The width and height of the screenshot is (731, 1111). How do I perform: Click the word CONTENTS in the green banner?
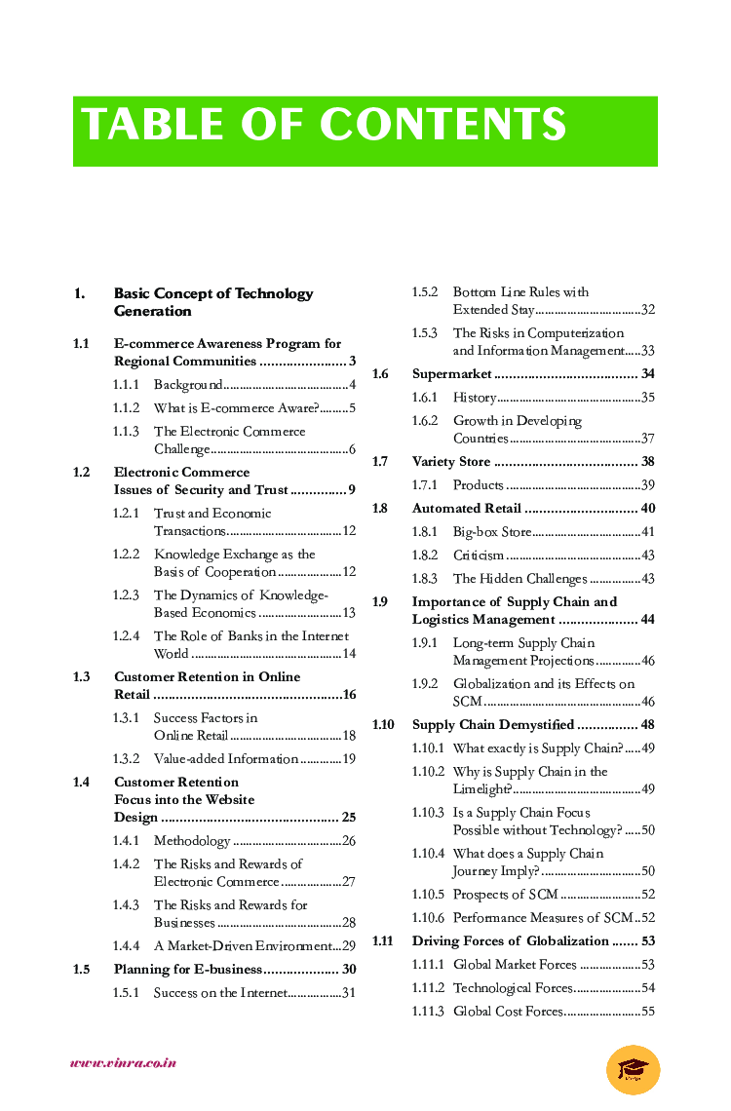(x=443, y=126)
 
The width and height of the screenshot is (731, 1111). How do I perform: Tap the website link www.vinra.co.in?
(x=123, y=1062)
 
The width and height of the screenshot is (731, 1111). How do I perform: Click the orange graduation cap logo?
(x=633, y=1069)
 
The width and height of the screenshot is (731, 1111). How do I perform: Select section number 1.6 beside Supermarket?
(x=380, y=374)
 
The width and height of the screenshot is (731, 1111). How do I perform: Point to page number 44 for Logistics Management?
(x=647, y=620)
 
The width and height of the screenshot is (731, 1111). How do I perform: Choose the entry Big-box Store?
(x=491, y=532)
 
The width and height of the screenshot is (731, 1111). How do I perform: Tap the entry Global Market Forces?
(x=515, y=965)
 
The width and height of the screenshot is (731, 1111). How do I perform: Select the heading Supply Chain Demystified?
(x=492, y=725)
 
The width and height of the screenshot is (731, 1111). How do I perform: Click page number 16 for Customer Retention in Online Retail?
(x=349, y=695)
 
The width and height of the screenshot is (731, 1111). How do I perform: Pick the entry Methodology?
(x=192, y=841)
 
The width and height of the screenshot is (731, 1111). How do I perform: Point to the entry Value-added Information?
(x=225, y=759)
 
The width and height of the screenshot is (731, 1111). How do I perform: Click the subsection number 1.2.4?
(x=126, y=636)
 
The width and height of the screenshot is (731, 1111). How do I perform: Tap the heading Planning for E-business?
(x=187, y=970)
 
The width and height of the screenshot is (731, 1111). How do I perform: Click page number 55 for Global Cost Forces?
(x=647, y=1012)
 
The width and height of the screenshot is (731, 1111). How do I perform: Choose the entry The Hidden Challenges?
(x=519, y=579)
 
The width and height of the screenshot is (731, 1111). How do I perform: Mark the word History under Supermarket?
(x=474, y=398)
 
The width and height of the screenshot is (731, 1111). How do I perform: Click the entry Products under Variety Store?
(x=478, y=485)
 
